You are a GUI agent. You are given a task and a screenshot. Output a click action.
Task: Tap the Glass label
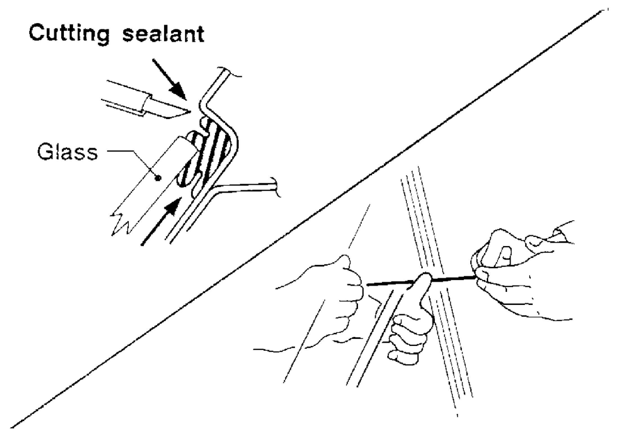[68, 153]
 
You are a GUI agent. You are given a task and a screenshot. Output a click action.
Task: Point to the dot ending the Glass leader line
[158, 178]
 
